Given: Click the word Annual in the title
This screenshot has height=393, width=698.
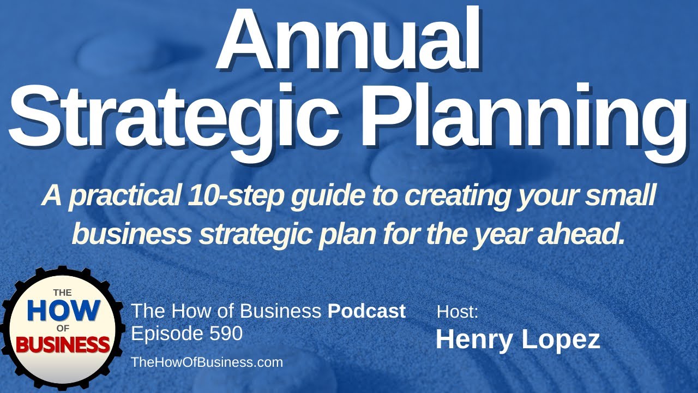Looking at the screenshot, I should (x=348, y=41).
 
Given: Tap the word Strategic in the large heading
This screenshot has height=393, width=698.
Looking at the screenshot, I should (x=164, y=117).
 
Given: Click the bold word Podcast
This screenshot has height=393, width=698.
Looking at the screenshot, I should (x=366, y=311).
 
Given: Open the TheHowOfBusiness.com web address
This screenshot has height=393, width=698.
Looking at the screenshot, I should (x=207, y=362).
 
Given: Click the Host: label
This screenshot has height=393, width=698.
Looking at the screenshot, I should (x=458, y=312).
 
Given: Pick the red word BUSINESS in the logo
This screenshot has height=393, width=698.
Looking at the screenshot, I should (x=62, y=344).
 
